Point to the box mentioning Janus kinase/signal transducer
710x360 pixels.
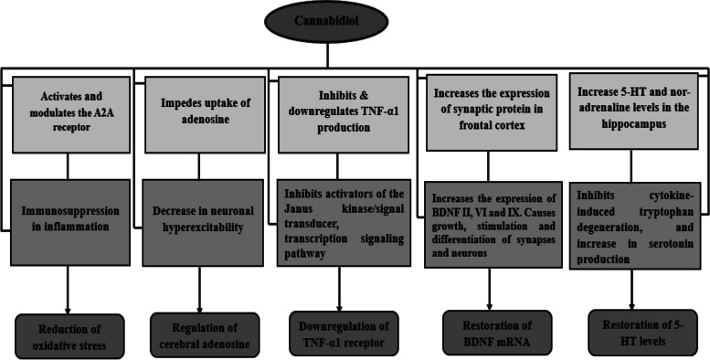338,222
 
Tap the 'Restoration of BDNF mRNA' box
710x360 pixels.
497,332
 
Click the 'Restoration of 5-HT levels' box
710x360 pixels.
633,333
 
